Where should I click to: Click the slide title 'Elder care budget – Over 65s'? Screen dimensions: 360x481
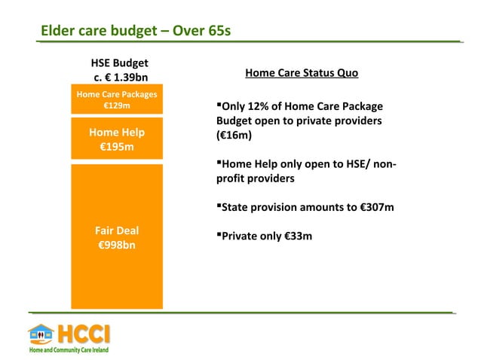click(135, 31)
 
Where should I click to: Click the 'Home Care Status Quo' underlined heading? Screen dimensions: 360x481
click(302, 73)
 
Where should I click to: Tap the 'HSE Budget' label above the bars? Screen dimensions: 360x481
click(119, 63)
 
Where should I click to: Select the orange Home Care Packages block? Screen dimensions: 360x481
click(117, 100)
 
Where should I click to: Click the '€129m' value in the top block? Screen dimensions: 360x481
click(117, 106)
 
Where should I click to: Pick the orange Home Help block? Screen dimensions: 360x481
click(117, 138)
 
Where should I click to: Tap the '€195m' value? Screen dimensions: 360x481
click(117, 146)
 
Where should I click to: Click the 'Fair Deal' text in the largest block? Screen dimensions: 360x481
click(117, 230)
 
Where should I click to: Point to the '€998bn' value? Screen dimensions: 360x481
click(117, 245)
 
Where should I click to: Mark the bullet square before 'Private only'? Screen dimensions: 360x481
click(219, 235)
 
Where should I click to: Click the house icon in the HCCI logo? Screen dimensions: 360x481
click(41, 334)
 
